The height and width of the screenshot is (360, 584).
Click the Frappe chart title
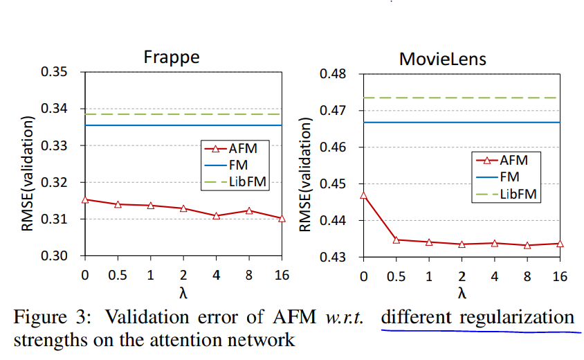pyautogui.click(x=171, y=57)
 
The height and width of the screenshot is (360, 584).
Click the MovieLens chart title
pyautogui.click(x=443, y=59)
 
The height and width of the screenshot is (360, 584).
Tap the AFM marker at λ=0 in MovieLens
pyautogui.click(x=364, y=195)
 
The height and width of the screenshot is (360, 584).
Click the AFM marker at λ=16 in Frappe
pyautogui.click(x=282, y=218)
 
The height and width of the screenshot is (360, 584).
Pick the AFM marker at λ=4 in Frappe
pyautogui.click(x=217, y=215)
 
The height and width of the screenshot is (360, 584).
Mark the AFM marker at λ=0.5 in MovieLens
pyautogui.click(x=396, y=240)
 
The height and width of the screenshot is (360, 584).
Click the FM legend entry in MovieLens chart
pyautogui.click(x=505, y=177)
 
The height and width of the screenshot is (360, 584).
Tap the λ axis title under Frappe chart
pyautogui.click(x=183, y=291)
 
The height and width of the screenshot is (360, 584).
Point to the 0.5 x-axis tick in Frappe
pyautogui.click(x=117, y=275)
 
